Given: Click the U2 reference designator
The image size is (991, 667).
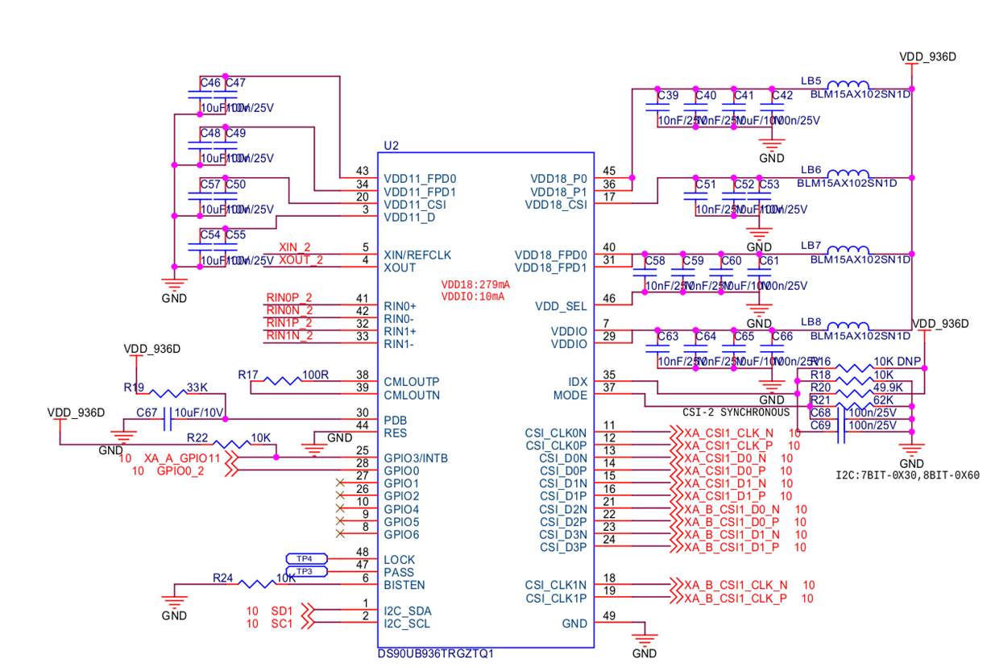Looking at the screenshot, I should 391,146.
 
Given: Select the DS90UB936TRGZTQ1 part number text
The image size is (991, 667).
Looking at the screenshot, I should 435,653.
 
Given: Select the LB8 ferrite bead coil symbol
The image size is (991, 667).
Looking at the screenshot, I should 848,325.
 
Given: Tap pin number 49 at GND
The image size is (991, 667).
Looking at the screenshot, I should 608,616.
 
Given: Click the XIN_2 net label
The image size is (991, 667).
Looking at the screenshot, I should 294,247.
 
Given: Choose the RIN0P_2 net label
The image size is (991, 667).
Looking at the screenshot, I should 289,298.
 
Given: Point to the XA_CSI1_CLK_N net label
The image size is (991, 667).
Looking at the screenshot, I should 728,433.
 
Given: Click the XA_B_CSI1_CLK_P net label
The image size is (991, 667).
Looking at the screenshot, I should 736,599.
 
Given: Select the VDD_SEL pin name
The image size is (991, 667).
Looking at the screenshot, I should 561,306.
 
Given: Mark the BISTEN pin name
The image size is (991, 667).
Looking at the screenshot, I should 404,585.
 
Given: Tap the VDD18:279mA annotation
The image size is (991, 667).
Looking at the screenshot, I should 475,285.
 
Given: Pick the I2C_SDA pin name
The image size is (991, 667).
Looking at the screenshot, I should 408,611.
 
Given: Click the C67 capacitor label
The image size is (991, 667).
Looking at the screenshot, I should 147,412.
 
